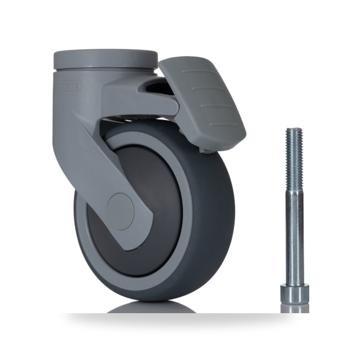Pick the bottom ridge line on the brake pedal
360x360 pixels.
(224, 124)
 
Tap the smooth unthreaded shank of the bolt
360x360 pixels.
(294, 238)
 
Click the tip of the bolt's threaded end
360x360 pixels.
(294, 128)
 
